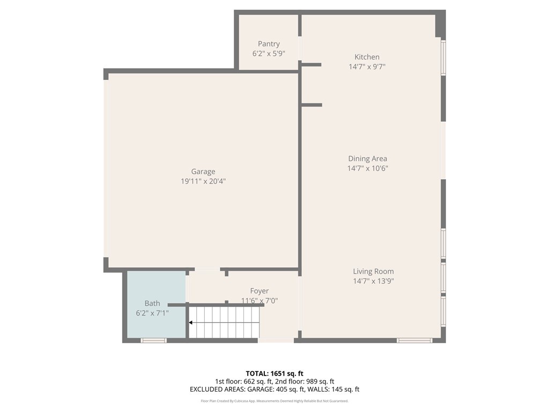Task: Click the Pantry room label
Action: [269, 44]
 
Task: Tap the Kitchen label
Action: [367, 57]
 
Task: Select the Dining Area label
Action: [368, 159]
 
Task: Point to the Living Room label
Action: [373, 271]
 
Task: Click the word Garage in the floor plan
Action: [203, 172]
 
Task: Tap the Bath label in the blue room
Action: [152, 304]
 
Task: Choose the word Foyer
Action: [259, 291]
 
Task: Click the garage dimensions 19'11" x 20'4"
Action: [203, 181]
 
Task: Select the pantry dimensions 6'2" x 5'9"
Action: [269, 54]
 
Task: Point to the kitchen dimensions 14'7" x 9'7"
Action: [367, 67]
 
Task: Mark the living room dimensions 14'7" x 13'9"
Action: [374, 281]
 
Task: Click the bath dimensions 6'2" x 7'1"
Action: [152, 313]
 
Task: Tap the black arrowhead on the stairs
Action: [191, 322]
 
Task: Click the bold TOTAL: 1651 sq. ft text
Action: [274, 373]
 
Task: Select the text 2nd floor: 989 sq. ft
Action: [305, 381]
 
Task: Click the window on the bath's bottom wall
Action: [154, 340]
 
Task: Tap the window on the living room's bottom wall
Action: [414, 340]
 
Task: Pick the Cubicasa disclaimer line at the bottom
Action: [274, 401]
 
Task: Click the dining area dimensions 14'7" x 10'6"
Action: [368, 168]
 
